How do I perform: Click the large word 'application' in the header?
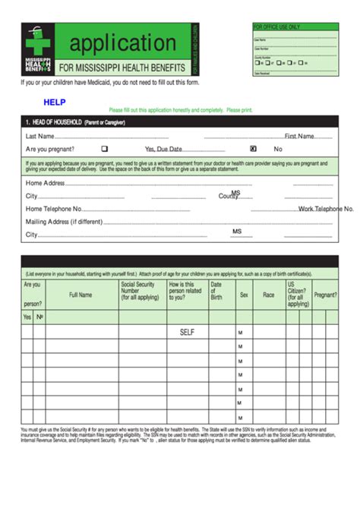pyautogui.click(x=123, y=43)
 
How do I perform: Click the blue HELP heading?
pyautogui.click(x=55, y=100)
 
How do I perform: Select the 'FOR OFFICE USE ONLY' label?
pyautogui.click(x=276, y=27)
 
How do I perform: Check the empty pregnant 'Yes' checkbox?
pyautogui.click(x=105, y=149)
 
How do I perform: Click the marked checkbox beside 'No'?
pyautogui.click(x=253, y=149)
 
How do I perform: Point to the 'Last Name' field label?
pyautogui.click(x=39, y=137)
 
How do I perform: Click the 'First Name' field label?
pyautogui.click(x=299, y=137)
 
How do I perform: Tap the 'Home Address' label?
pyautogui.click(x=45, y=183)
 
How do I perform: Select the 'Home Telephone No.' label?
pyautogui.click(x=54, y=208)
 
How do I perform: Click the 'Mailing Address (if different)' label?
pyautogui.click(x=63, y=221)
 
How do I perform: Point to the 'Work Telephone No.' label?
pyautogui.click(x=326, y=208)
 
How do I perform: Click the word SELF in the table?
pyautogui.click(x=188, y=332)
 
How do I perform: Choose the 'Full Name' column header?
pyautogui.click(x=81, y=295)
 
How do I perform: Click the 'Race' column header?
pyautogui.click(x=268, y=295)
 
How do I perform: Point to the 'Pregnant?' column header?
pyautogui.click(x=325, y=295)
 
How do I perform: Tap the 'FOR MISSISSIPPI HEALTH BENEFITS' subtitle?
pyautogui.click(x=122, y=68)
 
